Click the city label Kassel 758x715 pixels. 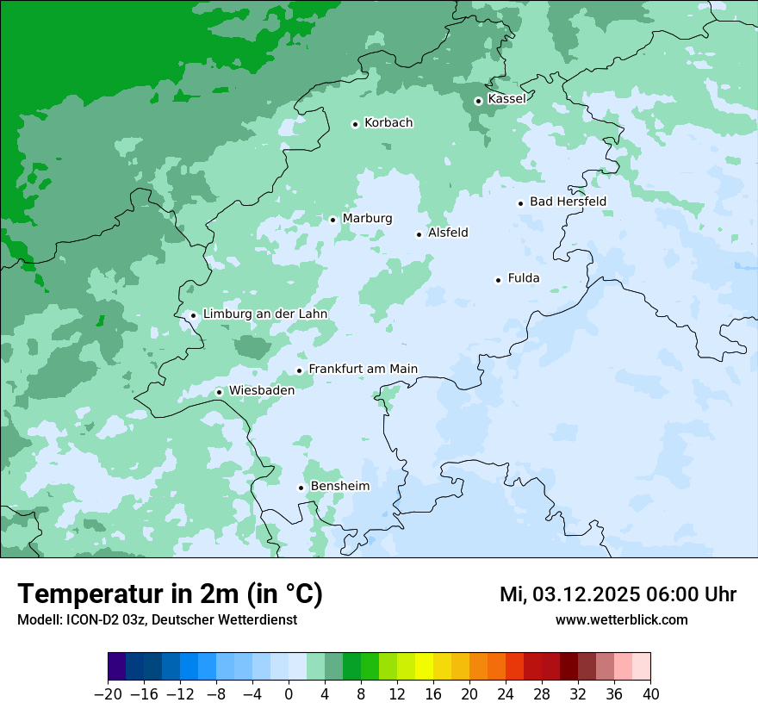[506, 99]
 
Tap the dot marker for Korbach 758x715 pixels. [355, 124]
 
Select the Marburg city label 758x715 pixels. [367, 219]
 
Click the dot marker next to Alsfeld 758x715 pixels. [419, 234]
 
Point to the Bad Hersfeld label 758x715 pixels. [568, 202]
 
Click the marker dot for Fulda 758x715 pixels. [498, 280]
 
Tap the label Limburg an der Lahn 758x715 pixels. [264, 314]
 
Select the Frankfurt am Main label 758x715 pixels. [363, 369]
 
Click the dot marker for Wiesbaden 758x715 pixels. [220, 392]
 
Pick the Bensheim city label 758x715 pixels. [339, 486]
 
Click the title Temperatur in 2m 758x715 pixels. [170, 594]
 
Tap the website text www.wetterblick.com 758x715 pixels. [621, 619]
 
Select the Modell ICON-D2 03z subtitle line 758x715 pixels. [157, 619]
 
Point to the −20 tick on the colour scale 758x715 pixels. [108, 694]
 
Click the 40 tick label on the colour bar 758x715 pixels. [650, 694]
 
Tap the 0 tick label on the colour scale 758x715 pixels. [289, 694]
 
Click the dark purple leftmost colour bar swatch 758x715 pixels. [117, 667]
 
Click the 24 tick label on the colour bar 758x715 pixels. [506, 694]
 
